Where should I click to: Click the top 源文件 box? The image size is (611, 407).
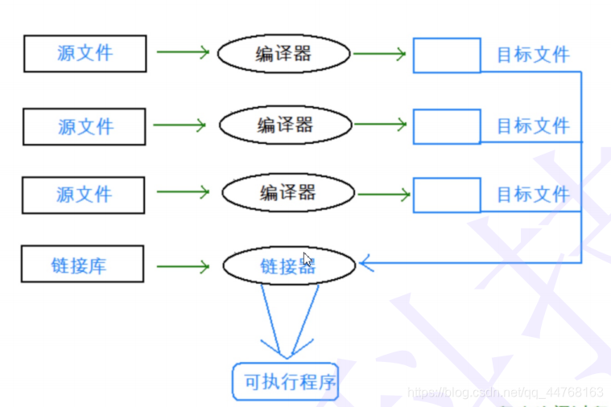(85, 54)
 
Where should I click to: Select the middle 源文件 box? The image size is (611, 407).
(85, 126)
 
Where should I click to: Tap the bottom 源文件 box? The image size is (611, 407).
(84, 195)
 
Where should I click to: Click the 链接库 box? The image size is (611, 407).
(83, 264)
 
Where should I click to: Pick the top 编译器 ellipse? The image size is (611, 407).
(284, 54)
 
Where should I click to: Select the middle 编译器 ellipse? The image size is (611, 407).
(286, 125)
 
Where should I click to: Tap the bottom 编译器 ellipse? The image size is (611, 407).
(287, 193)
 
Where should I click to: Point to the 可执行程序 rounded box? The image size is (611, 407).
(286, 382)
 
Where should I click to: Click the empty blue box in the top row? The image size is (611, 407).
(447, 55)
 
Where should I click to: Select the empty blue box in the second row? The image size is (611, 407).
(447, 126)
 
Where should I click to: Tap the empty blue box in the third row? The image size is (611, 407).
(447, 195)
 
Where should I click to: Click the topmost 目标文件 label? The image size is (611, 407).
(532, 55)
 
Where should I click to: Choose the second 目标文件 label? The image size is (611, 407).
(532, 126)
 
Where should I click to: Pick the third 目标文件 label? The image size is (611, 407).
(532, 195)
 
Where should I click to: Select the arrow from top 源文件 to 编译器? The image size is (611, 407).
(183, 53)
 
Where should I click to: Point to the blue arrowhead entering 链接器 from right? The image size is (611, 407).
(366, 262)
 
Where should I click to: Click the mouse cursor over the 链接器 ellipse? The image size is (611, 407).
(308, 260)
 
